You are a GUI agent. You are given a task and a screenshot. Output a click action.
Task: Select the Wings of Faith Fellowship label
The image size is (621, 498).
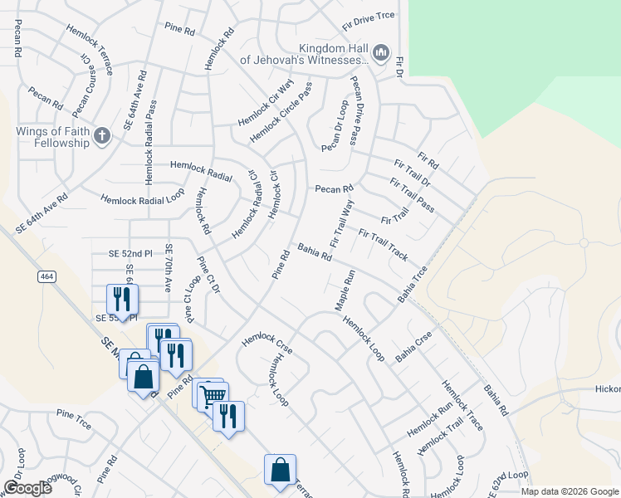point(51,137)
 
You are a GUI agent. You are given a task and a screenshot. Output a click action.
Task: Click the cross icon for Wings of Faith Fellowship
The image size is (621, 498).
point(102,136)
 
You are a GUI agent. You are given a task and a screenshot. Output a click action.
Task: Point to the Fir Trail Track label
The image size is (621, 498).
point(383,244)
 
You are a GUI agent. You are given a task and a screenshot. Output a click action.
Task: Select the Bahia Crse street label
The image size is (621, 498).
point(414,346)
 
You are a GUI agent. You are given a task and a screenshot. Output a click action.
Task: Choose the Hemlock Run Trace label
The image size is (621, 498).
point(462,405)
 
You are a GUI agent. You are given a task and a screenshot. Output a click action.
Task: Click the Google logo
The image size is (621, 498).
point(27,488)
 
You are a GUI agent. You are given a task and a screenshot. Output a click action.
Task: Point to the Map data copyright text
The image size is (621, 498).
point(569,491)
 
